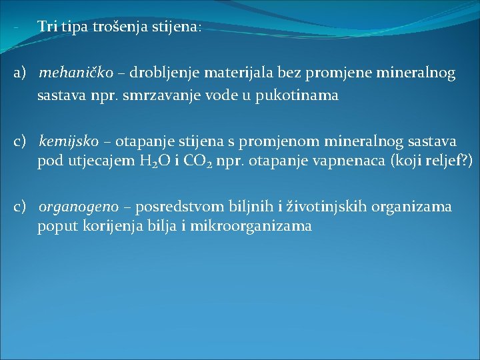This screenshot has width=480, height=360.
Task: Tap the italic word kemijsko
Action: [69, 141]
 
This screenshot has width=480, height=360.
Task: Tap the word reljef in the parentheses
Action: [444, 162]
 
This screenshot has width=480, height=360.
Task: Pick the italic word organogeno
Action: [79, 207]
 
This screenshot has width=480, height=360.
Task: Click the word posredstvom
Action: [175, 207]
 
